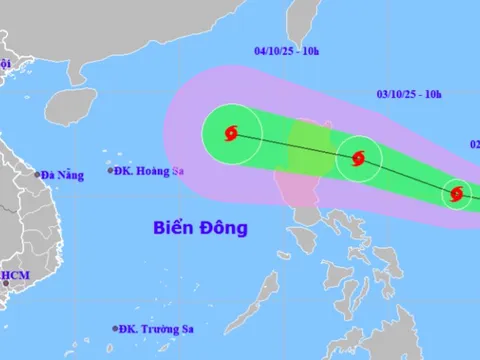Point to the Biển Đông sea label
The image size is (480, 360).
pos(201,228)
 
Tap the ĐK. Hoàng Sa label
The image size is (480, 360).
pos(146,170)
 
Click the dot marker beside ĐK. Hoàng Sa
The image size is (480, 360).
pos(109,170)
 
